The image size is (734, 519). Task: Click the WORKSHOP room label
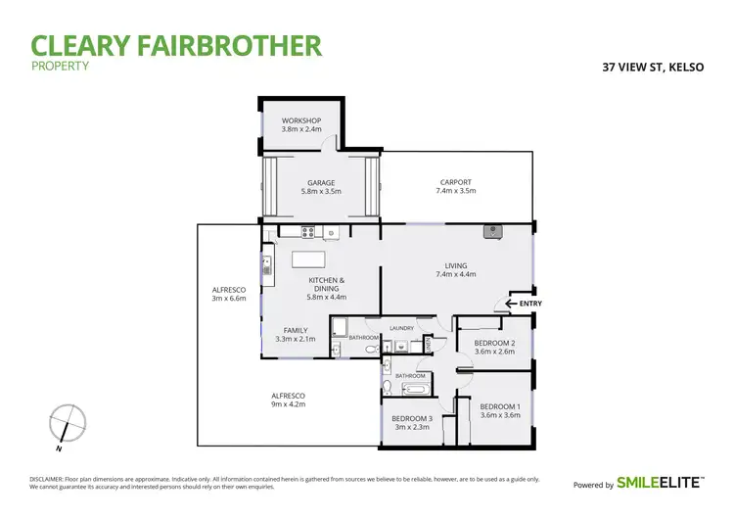[x=300, y=124]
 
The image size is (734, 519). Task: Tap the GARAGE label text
[x=321, y=187]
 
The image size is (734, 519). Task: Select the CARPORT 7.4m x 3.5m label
[x=455, y=186]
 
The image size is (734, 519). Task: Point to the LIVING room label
[x=455, y=269]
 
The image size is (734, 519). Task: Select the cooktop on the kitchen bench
[x=307, y=233]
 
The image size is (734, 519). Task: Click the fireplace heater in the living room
[x=491, y=231]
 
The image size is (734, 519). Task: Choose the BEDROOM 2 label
[x=493, y=348]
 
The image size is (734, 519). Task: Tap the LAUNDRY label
[x=401, y=328]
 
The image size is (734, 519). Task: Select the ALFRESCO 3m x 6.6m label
[x=229, y=294]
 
